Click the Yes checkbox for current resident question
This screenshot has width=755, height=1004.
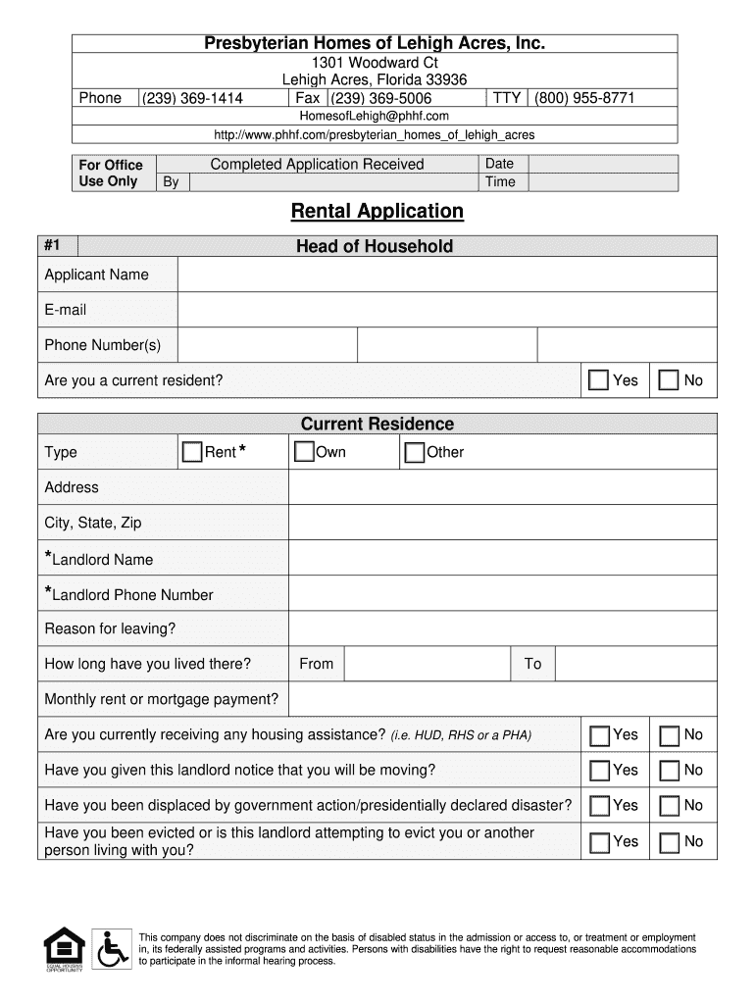(x=598, y=380)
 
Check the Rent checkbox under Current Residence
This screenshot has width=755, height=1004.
(x=192, y=452)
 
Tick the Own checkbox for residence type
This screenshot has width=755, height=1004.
(x=305, y=452)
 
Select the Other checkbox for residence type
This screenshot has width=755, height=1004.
(x=415, y=452)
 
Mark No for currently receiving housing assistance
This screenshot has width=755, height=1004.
(x=670, y=735)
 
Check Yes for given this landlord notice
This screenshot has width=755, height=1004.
(x=598, y=771)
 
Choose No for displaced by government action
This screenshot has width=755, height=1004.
(x=670, y=806)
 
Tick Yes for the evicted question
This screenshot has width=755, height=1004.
(x=598, y=842)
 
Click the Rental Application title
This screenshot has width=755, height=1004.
(x=377, y=211)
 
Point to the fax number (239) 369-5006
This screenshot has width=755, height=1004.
(x=381, y=98)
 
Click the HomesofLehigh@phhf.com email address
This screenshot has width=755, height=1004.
(x=374, y=116)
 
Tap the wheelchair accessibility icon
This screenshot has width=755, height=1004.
(x=113, y=949)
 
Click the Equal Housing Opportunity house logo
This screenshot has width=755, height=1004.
(x=64, y=948)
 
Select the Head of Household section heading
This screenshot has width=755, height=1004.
(x=375, y=246)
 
